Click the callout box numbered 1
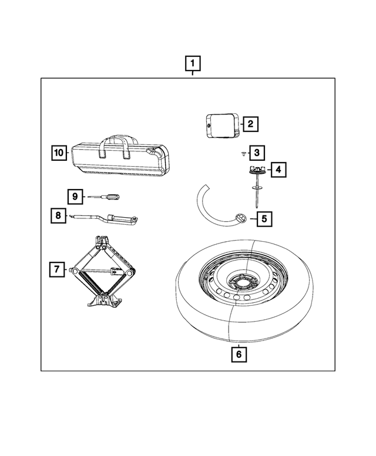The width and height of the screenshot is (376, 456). click(x=193, y=62)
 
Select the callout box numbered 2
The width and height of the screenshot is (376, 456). click(x=250, y=124)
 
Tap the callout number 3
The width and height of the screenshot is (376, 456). click(x=256, y=153)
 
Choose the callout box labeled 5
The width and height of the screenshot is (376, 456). click(x=264, y=219)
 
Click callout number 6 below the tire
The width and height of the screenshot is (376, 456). click(x=238, y=354)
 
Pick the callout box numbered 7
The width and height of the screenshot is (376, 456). click(x=56, y=270)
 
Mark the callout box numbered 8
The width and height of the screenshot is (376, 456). click(x=58, y=216)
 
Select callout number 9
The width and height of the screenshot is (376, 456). click(x=75, y=196)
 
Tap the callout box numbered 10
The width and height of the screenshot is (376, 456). click(x=58, y=153)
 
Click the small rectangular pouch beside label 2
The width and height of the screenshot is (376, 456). click(x=221, y=124)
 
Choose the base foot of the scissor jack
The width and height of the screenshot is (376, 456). click(x=104, y=303)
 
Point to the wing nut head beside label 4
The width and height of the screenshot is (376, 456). click(x=257, y=170)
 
